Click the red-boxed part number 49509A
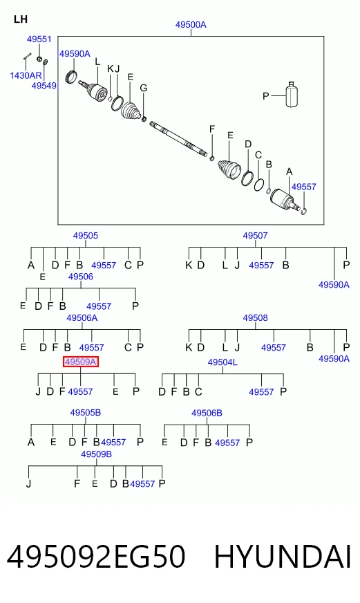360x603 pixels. click(x=81, y=362)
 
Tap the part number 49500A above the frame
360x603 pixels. click(x=191, y=25)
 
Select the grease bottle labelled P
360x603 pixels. click(x=292, y=94)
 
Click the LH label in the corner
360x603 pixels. click(x=20, y=19)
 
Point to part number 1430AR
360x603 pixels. click(x=26, y=75)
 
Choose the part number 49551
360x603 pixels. click(x=39, y=39)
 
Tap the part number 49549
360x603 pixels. click(x=44, y=86)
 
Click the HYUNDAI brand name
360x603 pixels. click(x=283, y=557)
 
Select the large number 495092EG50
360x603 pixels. click(x=96, y=557)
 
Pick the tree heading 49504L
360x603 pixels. click(x=222, y=362)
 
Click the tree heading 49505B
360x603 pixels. click(x=85, y=413)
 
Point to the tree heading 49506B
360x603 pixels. click(x=207, y=413)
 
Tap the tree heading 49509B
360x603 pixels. click(x=96, y=454)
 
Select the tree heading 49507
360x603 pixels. click(x=255, y=235)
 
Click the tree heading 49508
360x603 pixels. click(x=255, y=318)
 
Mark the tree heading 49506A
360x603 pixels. click(x=82, y=318)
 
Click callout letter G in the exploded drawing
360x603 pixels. click(x=143, y=88)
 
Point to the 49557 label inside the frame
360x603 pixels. click(x=303, y=187)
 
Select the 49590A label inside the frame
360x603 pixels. click(x=75, y=54)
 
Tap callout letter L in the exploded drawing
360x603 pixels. click(x=97, y=62)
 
